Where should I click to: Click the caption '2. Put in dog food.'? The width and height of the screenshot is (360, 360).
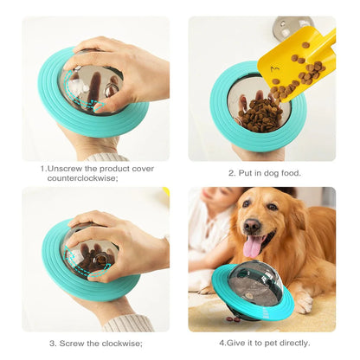pyautogui.click(x=264, y=172)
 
